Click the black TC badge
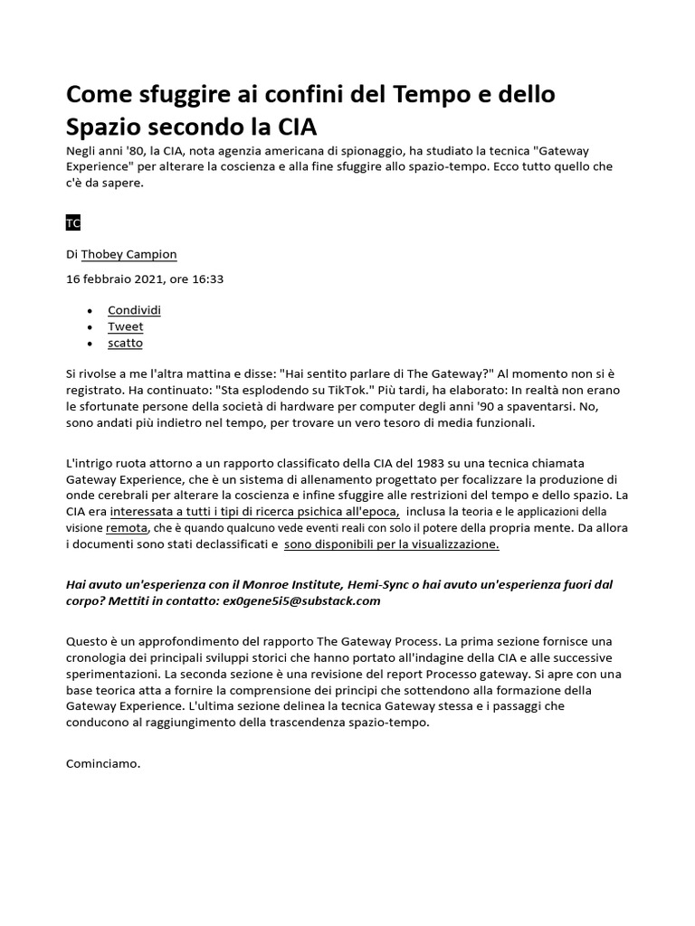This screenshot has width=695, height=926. (x=74, y=222)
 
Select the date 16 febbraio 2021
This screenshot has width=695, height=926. (x=116, y=279)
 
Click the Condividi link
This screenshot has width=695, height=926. (x=134, y=310)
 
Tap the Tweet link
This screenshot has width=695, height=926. (x=125, y=326)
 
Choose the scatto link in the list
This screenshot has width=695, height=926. (x=125, y=343)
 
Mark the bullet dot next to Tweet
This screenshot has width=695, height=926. (x=89, y=327)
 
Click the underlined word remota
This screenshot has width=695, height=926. (x=127, y=528)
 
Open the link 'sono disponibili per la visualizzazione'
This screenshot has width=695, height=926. (x=391, y=544)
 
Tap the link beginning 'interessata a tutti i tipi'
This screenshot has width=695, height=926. (x=254, y=512)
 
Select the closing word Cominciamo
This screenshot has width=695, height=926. (x=104, y=763)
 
